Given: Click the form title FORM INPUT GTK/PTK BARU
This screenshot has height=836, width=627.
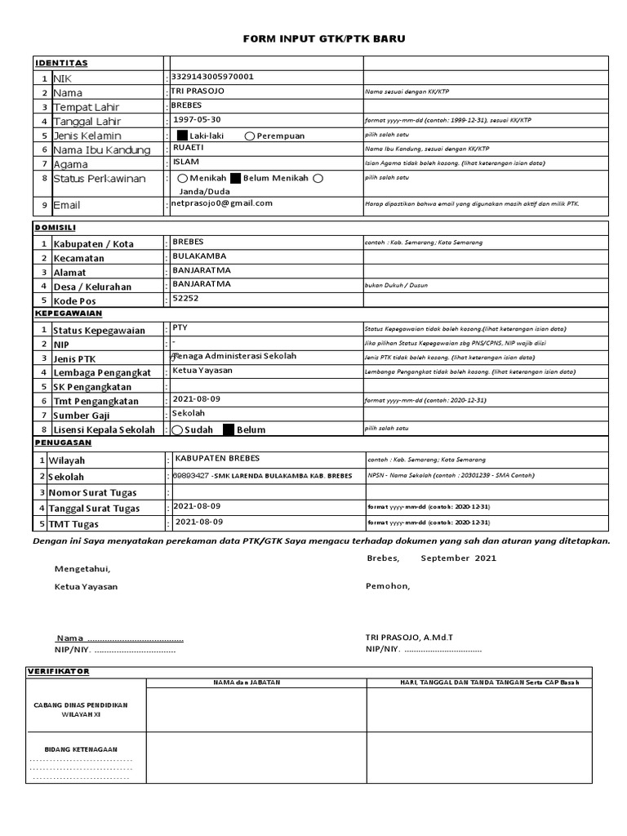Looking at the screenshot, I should coord(325,39).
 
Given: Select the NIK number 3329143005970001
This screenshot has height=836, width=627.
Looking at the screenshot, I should coord(212,77).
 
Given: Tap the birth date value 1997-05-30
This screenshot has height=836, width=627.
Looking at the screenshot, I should coord(197,119).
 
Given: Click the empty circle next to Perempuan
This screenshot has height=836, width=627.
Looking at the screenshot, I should coord(249,136).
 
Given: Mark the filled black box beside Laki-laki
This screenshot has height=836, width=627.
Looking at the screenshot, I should coord(181,136).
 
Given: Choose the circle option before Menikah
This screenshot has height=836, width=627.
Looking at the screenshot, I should coord(182,178).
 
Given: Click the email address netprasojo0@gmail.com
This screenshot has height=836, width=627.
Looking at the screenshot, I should coord(222,203).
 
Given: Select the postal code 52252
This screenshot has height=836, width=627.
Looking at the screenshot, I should coord(185,299).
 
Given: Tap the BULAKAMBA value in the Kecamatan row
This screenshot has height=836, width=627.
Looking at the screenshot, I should coord(199,256).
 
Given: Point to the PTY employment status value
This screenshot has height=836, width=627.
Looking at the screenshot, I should coord(180,327).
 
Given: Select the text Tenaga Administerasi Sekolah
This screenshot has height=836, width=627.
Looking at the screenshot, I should coord(234,357).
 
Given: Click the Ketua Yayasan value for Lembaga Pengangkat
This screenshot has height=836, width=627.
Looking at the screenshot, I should coord(202,371).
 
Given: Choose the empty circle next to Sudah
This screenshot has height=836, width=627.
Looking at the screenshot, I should coord(177,429).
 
